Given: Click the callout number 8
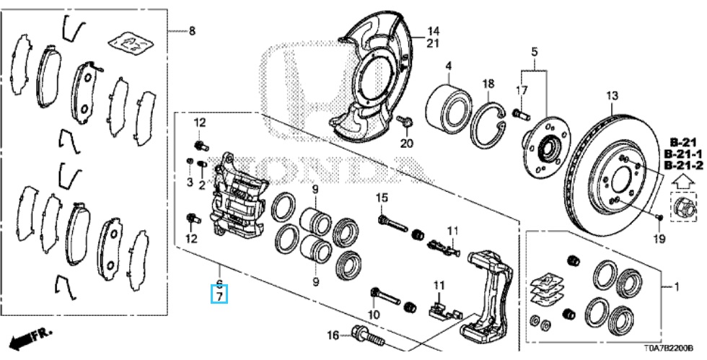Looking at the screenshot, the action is click(192, 31).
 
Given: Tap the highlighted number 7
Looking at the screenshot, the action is click(219, 296).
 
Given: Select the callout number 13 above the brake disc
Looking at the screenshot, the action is click(612, 96).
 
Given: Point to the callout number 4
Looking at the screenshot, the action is click(449, 66).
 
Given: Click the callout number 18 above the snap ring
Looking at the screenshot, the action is click(488, 84).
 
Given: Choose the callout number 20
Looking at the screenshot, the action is click(407, 144).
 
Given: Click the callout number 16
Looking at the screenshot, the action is click(333, 335).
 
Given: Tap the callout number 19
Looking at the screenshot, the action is click(659, 238).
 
